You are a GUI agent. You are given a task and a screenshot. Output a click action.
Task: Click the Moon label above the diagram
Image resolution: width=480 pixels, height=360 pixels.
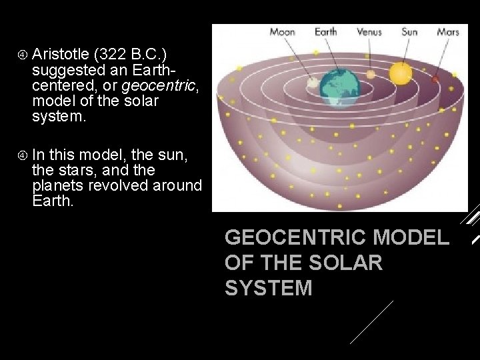[x=283, y=32]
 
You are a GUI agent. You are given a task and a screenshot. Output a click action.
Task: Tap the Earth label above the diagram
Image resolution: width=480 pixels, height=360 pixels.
[x=325, y=32]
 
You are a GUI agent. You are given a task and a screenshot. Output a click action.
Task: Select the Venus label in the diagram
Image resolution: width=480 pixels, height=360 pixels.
[x=369, y=32]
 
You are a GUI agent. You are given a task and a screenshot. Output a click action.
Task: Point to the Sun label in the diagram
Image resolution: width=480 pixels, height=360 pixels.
[x=409, y=32]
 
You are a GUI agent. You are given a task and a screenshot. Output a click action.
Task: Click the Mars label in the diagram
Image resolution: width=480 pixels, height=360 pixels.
[x=448, y=32]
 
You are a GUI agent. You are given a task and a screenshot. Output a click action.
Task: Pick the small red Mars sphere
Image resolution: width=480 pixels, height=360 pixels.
[x=435, y=80]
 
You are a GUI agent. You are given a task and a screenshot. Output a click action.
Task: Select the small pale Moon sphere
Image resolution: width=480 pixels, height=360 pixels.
[x=312, y=83]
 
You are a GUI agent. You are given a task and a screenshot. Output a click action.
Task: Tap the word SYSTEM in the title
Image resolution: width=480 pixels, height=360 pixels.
[x=268, y=288]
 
